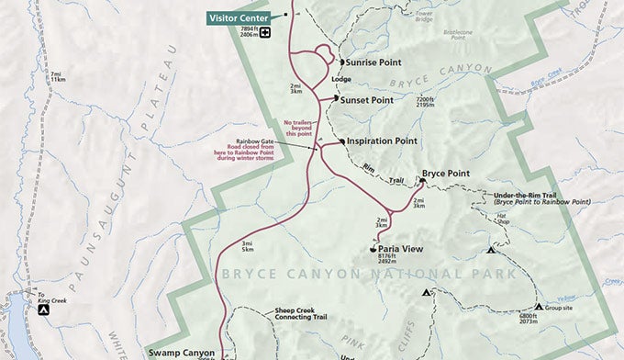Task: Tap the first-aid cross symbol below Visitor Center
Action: (x=265, y=34)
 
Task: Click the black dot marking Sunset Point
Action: (x=337, y=98)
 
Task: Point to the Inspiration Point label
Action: (x=382, y=141)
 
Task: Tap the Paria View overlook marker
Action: (x=373, y=246)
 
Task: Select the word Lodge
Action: (x=340, y=81)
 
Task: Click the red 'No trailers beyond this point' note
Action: (x=301, y=128)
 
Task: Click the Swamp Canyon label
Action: (x=183, y=352)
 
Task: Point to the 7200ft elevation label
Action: (x=425, y=100)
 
